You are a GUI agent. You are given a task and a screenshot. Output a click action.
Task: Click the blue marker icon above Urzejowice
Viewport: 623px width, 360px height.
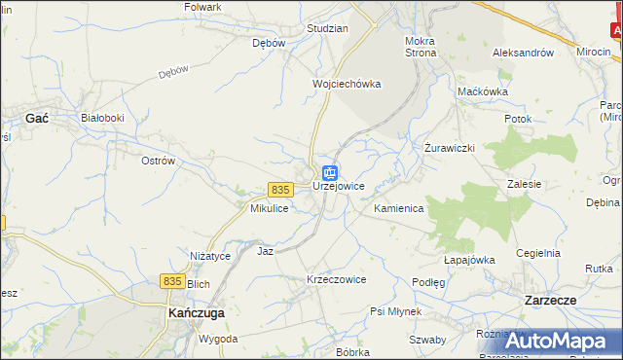tap(330, 172)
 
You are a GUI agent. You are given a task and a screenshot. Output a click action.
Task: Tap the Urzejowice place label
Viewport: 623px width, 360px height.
tap(338, 186)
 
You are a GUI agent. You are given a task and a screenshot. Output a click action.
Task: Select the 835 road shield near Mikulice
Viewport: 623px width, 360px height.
tap(280, 189)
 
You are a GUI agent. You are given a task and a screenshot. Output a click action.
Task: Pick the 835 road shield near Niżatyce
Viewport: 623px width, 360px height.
tap(172, 280)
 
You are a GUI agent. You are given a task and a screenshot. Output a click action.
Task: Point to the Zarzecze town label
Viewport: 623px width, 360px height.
tap(565, 301)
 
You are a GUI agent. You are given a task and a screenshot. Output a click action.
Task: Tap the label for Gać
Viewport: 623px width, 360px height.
tap(38, 117)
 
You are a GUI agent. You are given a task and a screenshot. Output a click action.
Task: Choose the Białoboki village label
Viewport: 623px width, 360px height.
tap(102, 118)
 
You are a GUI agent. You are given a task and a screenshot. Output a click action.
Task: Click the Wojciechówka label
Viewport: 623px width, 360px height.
tap(346, 84)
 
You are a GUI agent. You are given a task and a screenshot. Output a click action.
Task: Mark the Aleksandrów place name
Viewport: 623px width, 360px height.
tap(523, 53)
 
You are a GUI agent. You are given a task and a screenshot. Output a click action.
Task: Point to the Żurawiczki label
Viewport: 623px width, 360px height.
tap(449, 148)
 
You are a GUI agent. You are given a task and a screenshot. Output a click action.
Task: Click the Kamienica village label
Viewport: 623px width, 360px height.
tap(398, 209)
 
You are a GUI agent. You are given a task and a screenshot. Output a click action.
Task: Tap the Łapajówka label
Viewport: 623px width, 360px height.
tap(469, 260)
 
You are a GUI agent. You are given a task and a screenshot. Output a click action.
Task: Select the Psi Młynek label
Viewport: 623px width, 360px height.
tap(395, 311)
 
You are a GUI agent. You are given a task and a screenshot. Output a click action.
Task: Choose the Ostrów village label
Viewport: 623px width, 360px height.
tap(157, 160)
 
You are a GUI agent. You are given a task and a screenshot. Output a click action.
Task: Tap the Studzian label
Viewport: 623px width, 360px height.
tap(327, 28)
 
